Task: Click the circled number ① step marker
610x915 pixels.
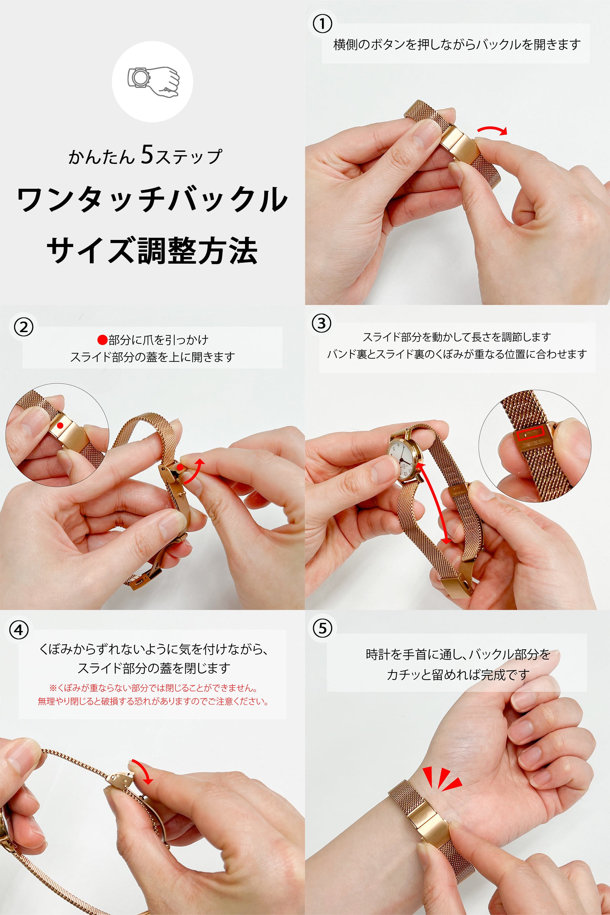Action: pos(322,24)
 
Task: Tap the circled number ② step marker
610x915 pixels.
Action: pos(24,327)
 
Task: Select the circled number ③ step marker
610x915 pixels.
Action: pos(322,324)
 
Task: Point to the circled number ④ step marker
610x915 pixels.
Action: pos(19,630)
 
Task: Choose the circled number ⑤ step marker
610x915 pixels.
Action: pos(323,628)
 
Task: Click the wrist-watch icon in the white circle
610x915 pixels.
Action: pos(153,82)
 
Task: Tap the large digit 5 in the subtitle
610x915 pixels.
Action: pos(147,155)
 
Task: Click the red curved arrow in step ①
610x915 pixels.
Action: pos(492,130)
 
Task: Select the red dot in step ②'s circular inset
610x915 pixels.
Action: pos(60,426)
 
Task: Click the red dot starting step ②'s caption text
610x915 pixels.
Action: pos(102,340)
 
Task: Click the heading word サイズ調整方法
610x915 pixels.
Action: pos(152,251)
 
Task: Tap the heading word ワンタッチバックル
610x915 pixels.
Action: pos(152,200)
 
